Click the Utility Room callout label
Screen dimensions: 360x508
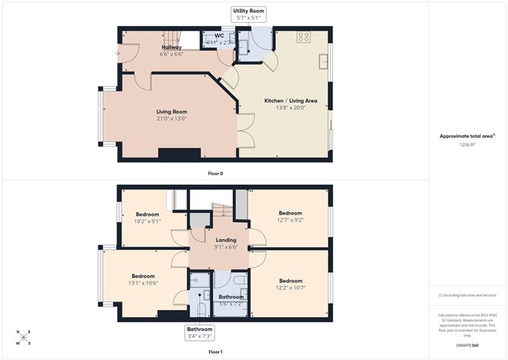tap(249, 14)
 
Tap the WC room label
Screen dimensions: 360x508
tap(218, 35)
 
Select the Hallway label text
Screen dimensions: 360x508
tap(171, 47)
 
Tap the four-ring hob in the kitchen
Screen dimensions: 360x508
tap(303, 37)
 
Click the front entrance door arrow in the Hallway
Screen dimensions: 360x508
tap(117, 53)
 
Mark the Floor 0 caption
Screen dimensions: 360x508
tap(215, 174)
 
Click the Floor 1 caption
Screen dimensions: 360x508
tap(215, 352)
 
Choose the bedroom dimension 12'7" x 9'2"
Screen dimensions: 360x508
tap(290, 220)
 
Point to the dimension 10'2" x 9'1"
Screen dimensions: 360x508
tap(148, 221)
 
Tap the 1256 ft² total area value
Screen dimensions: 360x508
tap(467, 144)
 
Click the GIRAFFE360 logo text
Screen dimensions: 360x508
tap(467, 346)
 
